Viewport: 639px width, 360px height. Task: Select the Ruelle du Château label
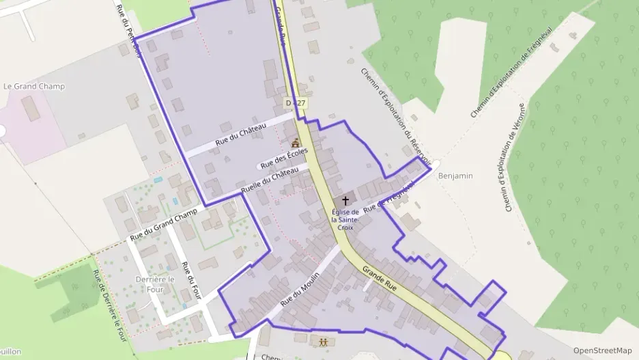coord(270,180)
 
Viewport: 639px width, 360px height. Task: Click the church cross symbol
coord(345,201)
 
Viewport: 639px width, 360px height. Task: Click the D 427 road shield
coord(296,102)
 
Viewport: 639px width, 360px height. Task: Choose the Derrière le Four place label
coord(155,284)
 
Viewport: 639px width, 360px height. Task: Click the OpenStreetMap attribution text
coord(602,350)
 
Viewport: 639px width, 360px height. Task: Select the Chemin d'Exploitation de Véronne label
coord(516,157)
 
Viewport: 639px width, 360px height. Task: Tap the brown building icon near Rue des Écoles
coord(296,143)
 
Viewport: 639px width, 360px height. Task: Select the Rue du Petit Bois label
coord(128,31)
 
